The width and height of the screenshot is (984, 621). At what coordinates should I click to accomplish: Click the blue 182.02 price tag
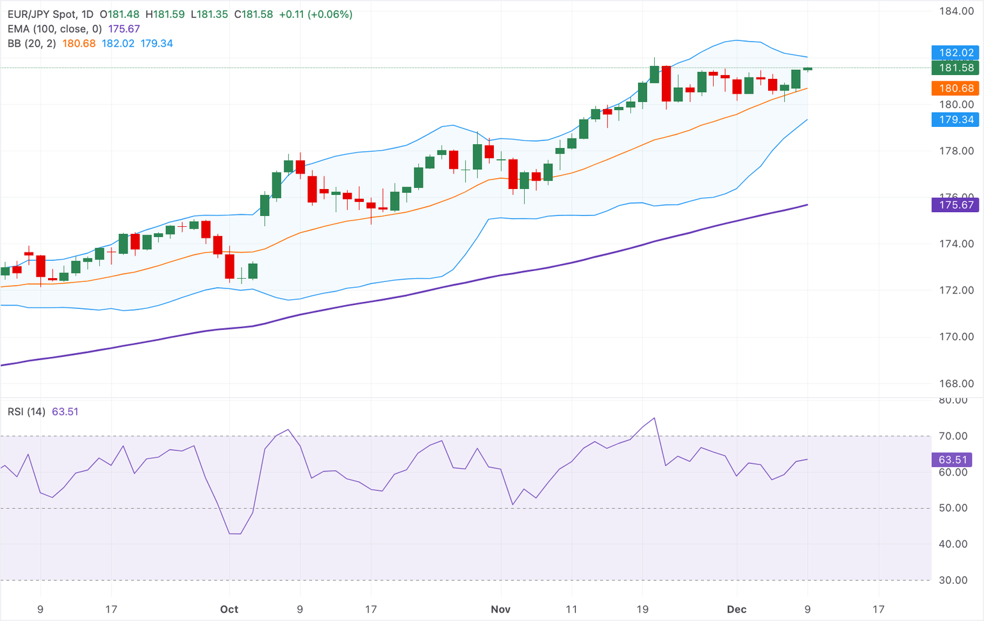pyautogui.click(x=955, y=53)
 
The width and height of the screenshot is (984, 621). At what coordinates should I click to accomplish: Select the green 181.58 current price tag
pyautogui.click(x=955, y=68)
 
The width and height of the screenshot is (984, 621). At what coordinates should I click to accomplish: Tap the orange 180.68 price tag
pyautogui.click(x=955, y=88)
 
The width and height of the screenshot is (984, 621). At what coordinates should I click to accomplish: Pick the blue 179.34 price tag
pyautogui.click(x=955, y=120)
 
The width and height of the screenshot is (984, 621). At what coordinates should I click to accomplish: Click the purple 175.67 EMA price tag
pyautogui.click(x=955, y=205)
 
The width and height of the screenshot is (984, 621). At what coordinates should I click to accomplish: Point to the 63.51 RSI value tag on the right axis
pyautogui.click(x=952, y=460)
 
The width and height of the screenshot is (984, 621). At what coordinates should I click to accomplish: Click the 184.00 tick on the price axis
pyautogui.click(x=956, y=11)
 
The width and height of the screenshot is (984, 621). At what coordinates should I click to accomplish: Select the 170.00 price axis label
pyautogui.click(x=956, y=337)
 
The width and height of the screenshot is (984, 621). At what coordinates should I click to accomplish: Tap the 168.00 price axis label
pyautogui.click(x=956, y=384)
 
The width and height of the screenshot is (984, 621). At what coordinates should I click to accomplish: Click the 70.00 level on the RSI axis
pyautogui.click(x=953, y=436)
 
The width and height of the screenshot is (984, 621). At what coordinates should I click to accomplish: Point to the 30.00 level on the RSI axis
pyautogui.click(x=953, y=581)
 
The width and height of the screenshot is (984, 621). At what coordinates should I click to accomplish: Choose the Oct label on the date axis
pyautogui.click(x=229, y=609)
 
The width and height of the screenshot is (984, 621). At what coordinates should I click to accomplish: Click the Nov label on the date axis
pyautogui.click(x=500, y=609)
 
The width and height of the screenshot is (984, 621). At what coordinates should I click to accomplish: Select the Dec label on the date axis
pyautogui.click(x=737, y=609)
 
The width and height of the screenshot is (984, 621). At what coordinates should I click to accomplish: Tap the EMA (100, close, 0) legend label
pyautogui.click(x=54, y=29)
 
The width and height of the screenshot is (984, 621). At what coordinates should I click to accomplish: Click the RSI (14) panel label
pyautogui.click(x=26, y=411)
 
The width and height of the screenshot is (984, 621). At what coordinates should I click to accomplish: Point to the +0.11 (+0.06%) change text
pyautogui.click(x=315, y=14)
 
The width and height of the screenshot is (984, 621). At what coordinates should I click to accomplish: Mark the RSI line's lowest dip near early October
pyautogui.click(x=234, y=534)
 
